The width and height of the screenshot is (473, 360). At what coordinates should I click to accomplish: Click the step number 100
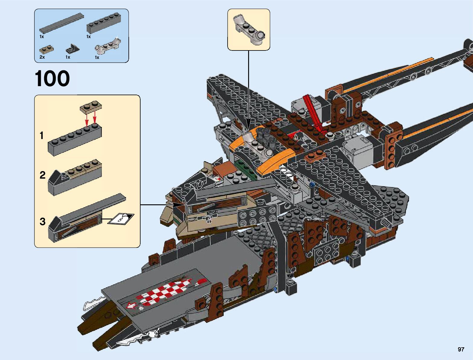[x=52, y=79]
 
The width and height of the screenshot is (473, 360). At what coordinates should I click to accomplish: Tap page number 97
[x=461, y=349]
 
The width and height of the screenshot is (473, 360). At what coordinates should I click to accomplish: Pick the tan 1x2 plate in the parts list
[x=47, y=49]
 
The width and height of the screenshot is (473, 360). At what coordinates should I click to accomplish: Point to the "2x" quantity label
[x=42, y=57]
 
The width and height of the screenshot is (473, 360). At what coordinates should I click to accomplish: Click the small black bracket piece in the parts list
[x=73, y=48]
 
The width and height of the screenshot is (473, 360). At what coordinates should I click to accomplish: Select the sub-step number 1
[x=42, y=136]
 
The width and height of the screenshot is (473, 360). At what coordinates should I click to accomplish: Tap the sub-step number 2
[x=42, y=175]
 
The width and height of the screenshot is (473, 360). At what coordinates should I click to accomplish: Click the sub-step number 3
[x=42, y=222]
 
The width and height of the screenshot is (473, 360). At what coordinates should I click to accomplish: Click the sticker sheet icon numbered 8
[x=121, y=219]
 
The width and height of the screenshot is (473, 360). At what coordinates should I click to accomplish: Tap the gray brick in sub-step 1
[x=75, y=141]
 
